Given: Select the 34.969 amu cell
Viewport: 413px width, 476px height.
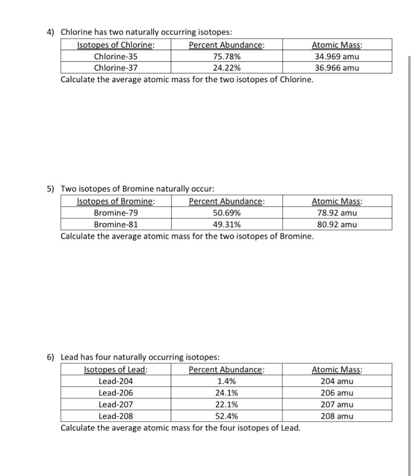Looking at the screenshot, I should tap(337, 57).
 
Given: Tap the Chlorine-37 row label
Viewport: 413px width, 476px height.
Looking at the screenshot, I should tap(116, 68).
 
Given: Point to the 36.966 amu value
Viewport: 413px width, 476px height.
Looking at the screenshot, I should tap(337, 68).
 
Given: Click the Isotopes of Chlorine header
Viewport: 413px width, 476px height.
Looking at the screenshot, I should tap(116, 45).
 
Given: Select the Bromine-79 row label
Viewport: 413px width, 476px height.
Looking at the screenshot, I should tap(116, 213).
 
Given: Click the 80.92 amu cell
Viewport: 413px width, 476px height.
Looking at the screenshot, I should tap(337, 225).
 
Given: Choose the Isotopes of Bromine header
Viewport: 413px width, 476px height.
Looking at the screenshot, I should tap(116, 202).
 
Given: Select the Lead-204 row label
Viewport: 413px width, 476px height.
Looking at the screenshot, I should tap(116, 382).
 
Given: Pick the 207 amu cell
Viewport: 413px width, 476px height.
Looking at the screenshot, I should tap(337, 404).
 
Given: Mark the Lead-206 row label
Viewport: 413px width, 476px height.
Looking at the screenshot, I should tap(116, 393).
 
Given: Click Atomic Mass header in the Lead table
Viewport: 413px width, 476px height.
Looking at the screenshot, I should tap(337, 370).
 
